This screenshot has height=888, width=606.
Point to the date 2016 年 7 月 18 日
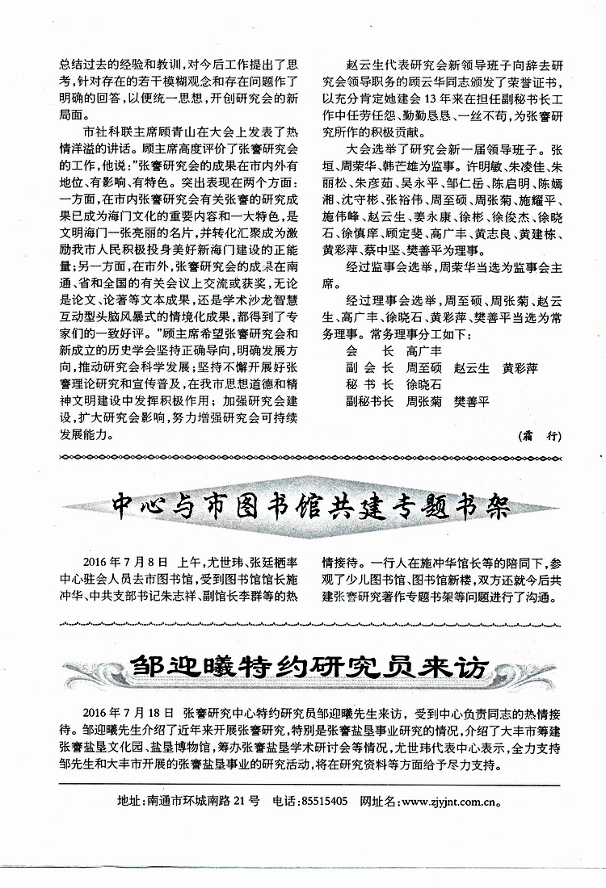tap(128, 713)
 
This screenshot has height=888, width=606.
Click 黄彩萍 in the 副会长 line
tap(520, 367)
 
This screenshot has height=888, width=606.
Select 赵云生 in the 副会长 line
tap(472, 367)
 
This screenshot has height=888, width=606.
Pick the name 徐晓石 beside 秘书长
tap(424, 383)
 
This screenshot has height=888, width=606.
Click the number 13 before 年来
tap(427, 99)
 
